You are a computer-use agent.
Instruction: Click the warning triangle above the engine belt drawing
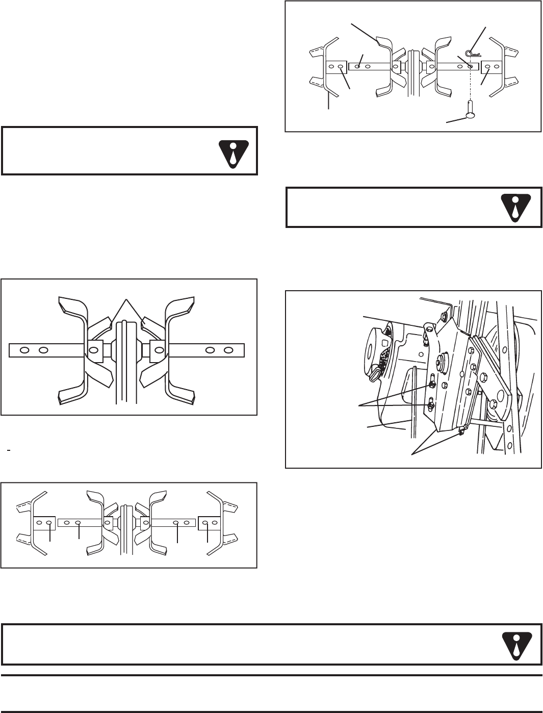pos(516,207)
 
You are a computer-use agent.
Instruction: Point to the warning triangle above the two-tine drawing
pos(232,151)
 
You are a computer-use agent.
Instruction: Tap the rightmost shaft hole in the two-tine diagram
pos(228,350)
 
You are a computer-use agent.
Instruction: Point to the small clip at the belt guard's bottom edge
pos(462,431)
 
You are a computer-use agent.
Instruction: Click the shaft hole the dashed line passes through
pos(470,66)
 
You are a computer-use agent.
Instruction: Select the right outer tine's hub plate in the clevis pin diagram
pos(493,66)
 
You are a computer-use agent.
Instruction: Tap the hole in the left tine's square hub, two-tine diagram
pos(93,350)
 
